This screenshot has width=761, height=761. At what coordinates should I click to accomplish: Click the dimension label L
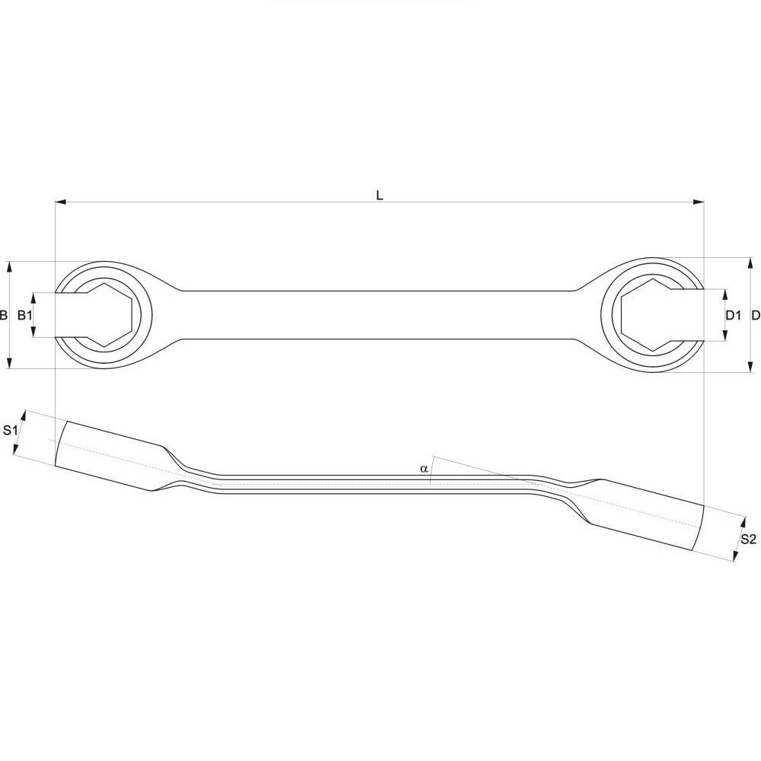[380, 195]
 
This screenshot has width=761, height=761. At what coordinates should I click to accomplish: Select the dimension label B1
[24, 315]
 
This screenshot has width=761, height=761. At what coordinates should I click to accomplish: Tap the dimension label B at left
[4, 315]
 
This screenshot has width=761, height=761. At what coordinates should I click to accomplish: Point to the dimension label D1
[733, 315]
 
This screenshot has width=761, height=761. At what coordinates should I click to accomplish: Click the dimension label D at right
[755, 315]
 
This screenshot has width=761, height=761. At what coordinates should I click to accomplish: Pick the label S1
[10, 430]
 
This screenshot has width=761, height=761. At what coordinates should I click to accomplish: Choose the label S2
[748, 539]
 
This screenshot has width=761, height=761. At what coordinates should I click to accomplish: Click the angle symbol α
[424, 469]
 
